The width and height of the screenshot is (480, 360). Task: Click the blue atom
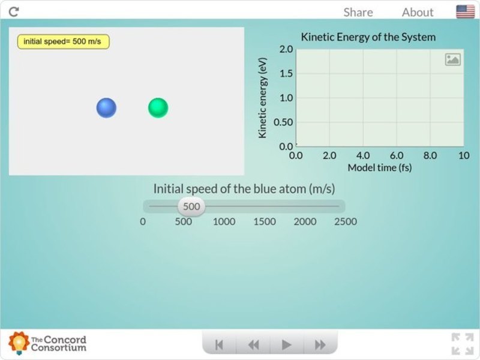106,108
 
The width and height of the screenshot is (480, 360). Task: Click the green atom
158,108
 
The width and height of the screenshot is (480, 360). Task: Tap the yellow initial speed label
63,41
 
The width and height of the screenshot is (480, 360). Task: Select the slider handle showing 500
191,207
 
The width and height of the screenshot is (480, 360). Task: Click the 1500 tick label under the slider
265,221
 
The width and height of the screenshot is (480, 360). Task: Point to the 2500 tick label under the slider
346,221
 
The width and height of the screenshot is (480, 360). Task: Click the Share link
358,12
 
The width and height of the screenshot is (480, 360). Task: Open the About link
418,12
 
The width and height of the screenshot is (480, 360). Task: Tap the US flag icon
465,11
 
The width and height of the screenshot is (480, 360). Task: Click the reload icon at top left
14,11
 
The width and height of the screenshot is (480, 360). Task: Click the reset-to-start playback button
219,344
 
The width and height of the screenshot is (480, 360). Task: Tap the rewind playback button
253,344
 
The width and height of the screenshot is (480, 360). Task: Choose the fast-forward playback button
320,344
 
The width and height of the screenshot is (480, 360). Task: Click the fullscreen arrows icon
462,344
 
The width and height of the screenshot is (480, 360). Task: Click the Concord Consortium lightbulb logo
19,343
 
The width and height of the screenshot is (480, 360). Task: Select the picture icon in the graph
453,59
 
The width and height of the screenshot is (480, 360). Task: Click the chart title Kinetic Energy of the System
368,37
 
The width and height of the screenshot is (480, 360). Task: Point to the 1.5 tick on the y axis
286,73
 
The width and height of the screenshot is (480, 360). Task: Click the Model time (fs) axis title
380,167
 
